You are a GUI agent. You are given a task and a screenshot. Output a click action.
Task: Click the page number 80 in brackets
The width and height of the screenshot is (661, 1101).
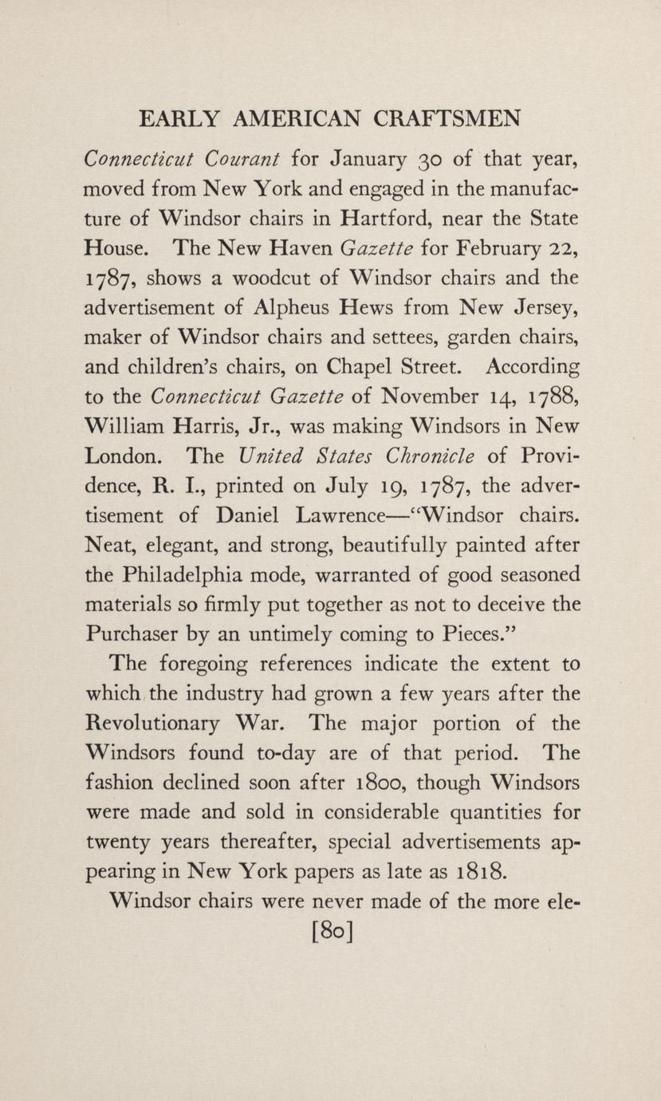coord(331,931)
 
